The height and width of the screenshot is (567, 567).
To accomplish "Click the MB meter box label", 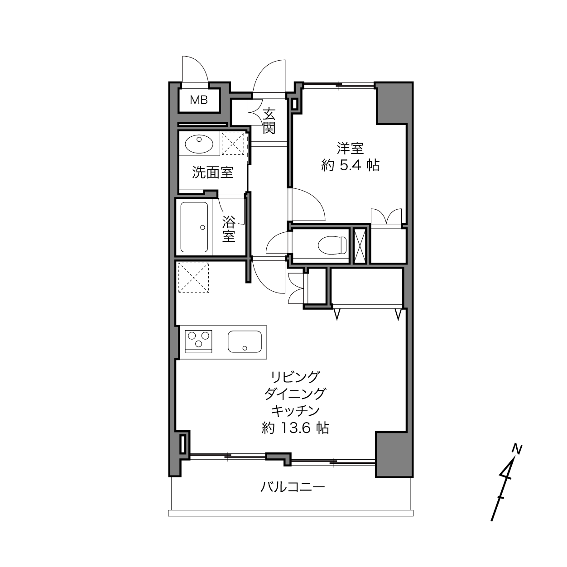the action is pos(199,100).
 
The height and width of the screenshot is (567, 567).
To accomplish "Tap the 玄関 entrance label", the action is pos(269,121).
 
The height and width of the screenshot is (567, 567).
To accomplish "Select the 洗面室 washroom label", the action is pos(213,172).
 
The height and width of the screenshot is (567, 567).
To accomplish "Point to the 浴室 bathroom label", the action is pos(229,229).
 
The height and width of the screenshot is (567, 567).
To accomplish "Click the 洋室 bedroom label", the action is pos(350,148).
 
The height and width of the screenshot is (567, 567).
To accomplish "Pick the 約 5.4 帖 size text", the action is pos(350,165).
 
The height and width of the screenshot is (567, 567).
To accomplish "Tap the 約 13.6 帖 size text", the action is pos(295,428).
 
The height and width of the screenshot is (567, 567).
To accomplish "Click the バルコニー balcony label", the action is pos(293,487).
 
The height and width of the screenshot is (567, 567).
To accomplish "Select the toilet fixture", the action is pos(332,245).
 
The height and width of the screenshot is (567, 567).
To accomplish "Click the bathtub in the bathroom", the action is pos(194,227).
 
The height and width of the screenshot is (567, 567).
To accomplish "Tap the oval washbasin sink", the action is pos(199,144).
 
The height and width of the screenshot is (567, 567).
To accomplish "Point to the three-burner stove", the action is pos(198,341).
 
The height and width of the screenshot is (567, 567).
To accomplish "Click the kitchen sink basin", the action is pos(245,341).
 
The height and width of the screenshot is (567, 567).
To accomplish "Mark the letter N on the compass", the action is pos(517,449).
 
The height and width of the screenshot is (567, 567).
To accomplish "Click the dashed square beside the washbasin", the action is pos(233,144).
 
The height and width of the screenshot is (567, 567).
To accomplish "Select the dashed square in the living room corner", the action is pos(194,278).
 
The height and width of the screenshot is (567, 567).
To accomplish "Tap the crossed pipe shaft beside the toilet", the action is pos(360,245).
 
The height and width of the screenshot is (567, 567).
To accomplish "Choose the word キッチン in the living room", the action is pos(295,411).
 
